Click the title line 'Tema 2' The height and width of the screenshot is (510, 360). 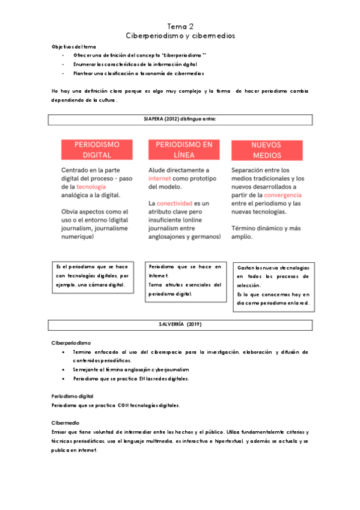(180, 26)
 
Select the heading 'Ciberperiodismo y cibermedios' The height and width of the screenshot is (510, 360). (180, 36)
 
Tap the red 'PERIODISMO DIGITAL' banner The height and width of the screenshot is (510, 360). (96, 150)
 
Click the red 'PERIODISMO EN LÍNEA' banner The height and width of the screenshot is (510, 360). (184, 150)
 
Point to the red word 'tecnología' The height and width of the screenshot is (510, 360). (91, 187)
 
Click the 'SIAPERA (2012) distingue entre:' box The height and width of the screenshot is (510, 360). (180, 120)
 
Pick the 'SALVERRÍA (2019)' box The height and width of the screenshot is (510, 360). (180, 325)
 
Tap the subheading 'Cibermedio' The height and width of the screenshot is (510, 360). (65, 423)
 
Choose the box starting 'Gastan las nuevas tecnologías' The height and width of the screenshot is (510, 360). (273, 286)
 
